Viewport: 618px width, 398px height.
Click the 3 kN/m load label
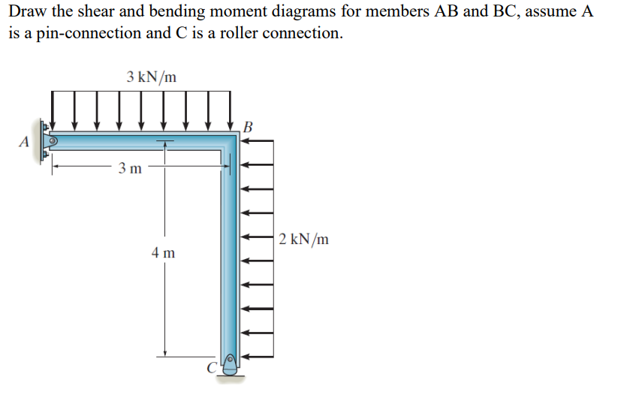(x=152, y=76)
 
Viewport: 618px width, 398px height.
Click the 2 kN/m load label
(x=303, y=240)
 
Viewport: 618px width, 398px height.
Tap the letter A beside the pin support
(x=24, y=140)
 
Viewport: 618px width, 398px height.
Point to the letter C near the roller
(x=213, y=368)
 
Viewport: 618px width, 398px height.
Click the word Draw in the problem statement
(x=28, y=12)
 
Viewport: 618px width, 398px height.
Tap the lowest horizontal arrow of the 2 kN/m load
(x=257, y=357)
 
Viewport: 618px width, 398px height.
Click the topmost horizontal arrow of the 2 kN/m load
(x=257, y=140)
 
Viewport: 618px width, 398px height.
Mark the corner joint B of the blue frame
(x=230, y=142)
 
